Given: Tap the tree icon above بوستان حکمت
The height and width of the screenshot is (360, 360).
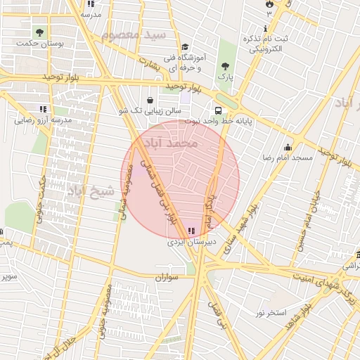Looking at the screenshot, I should click(x=40, y=32).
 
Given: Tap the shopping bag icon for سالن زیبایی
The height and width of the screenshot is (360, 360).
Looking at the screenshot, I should click(x=153, y=100).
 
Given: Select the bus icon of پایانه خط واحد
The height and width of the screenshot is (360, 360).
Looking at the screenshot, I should click(x=219, y=110).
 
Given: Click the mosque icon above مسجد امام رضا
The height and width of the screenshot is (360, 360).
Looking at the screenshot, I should click(x=287, y=148).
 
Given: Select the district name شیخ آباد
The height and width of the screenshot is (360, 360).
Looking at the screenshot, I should click(x=91, y=190).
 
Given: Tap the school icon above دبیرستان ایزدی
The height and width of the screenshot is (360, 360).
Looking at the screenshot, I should click(x=192, y=231).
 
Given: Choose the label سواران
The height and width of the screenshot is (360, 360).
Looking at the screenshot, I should click(x=167, y=277).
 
